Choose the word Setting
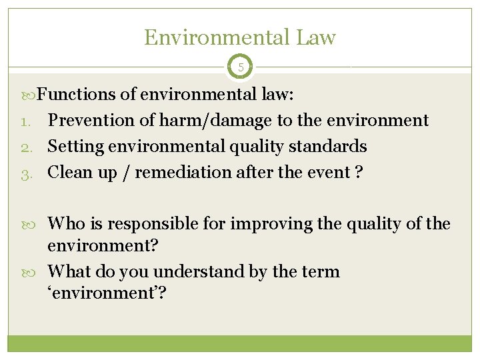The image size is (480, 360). [75, 146]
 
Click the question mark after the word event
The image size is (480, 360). [359, 172]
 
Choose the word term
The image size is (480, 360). [319, 272]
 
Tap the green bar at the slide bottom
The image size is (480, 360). [240, 343]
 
